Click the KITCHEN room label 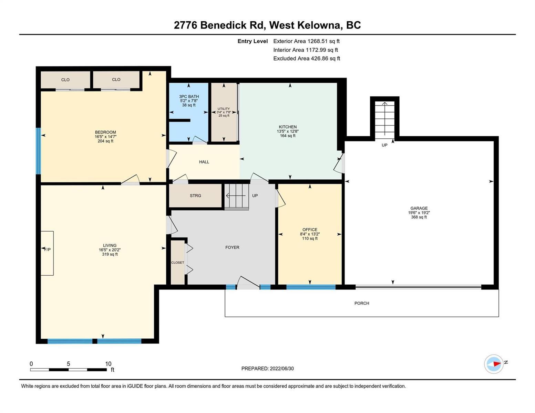[x=288, y=127]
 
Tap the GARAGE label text [x=419, y=208]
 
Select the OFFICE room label [x=310, y=230]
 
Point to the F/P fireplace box [x=47, y=253]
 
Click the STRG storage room [x=195, y=196]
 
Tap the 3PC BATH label [x=189, y=97]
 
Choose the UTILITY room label [x=224, y=109]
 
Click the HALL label [x=204, y=162]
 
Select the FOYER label [x=232, y=247]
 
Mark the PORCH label [x=362, y=303]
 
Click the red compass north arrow [x=497, y=364]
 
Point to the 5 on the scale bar [x=69, y=363]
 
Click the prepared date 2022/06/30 [x=282, y=369]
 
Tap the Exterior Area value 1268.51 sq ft [x=323, y=41]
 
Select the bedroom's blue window [x=38, y=151]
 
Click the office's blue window [x=311, y=287]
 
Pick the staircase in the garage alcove [x=384, y=118]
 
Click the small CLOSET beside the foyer [x=177, y=263]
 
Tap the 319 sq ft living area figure [x=110, y=254]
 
